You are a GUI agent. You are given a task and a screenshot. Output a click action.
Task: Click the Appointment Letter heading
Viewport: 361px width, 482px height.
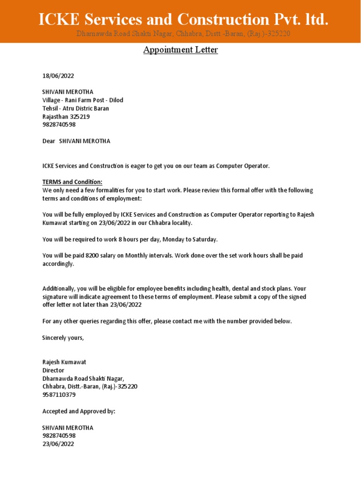click(x=180, y=50)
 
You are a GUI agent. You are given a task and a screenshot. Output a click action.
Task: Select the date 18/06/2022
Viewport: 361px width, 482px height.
click(x=58, y=76)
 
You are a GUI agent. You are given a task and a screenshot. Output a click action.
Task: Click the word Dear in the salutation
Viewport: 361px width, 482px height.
click(x=49, y=141)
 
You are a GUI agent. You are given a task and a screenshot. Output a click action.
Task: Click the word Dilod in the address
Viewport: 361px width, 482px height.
click(x=115, y=100)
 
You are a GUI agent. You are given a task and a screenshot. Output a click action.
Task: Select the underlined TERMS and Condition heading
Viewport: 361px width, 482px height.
click(x=72, y=182)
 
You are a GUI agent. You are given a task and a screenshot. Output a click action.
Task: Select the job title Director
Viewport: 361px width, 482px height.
click(x=53, y=370)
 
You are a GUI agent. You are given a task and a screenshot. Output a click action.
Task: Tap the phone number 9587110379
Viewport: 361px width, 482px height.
click(x=59, y=395)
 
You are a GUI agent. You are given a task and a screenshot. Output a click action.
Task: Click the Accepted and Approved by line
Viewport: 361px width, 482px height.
click(x=78, y=411)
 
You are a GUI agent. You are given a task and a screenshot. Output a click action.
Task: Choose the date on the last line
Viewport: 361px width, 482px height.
click(x=58, y=444)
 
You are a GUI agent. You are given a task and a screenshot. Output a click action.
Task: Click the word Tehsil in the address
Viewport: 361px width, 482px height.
click(x=50, y=109)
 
